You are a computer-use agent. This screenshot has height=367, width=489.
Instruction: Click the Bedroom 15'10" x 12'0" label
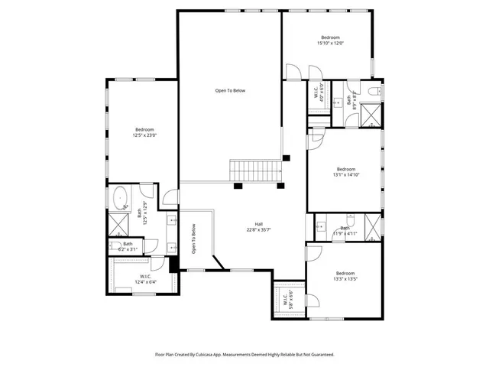331,41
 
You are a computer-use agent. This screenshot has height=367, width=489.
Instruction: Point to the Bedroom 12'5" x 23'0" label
145,132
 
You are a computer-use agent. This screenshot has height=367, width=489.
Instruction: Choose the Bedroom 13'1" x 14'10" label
345,172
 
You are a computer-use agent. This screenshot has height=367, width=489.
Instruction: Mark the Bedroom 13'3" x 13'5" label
345,276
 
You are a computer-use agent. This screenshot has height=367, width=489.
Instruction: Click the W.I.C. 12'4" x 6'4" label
145,279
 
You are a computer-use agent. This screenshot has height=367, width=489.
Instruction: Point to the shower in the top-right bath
371,115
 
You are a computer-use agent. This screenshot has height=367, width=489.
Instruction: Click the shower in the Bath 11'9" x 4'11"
372,226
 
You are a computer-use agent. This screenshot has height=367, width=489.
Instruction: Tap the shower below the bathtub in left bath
119,225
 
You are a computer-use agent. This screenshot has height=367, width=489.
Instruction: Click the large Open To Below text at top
230,91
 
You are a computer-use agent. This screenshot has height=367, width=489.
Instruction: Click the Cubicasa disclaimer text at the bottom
244,355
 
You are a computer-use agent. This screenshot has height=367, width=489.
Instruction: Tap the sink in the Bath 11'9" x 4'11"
322,226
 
